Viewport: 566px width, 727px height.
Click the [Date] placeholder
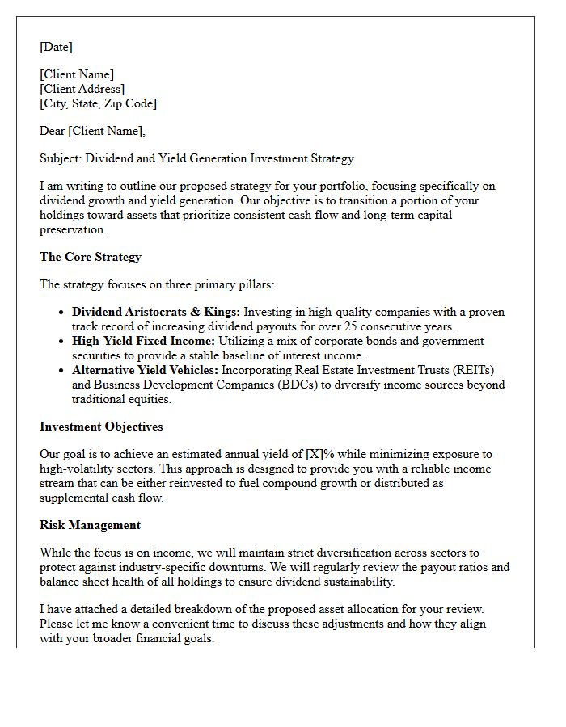pos(56,47)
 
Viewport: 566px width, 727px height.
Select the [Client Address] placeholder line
pos(82,89)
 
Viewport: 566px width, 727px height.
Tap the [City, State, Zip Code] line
pos(98,103)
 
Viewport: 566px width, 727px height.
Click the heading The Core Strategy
pos(91,257)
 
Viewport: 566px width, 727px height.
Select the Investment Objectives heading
pos(101,427)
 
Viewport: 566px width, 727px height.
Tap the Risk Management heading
pos(90,525)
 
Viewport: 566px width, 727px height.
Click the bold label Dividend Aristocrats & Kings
pos(156,312)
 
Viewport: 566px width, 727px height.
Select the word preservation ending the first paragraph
pos(73,229)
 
